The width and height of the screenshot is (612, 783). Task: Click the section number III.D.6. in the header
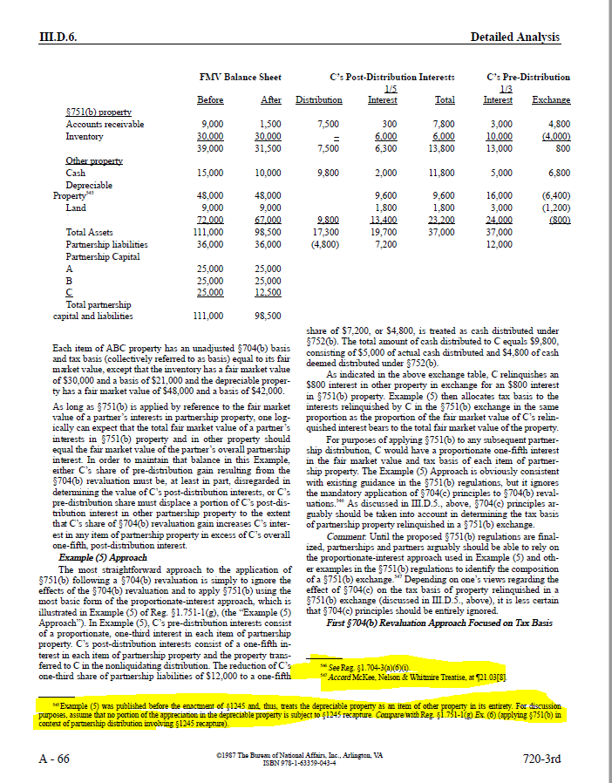click(x=59, y=36)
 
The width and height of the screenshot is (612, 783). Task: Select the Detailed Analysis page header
click(x=514, y=37)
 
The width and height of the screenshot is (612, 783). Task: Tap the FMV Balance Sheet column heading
click(x=241, y=78)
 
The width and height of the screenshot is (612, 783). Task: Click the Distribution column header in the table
click(x=319, y=100)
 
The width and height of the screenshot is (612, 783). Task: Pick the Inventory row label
click(x=85, y=137)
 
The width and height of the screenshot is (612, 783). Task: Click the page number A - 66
click(x=55, y=759)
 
